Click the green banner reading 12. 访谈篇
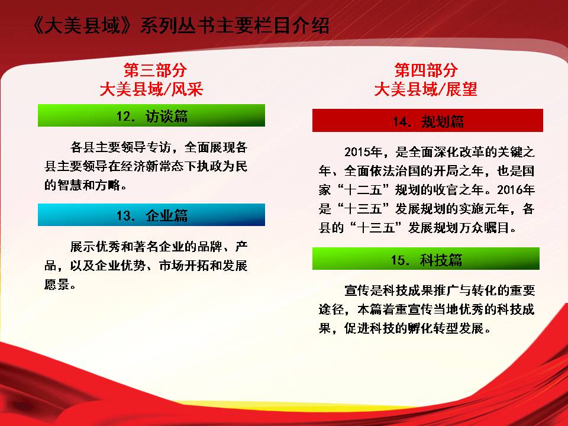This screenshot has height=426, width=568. [151, 115]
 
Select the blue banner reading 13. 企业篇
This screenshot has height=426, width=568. [151, 215]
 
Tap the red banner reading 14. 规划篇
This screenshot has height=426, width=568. [427, 120]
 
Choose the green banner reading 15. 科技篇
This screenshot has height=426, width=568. [425, 259]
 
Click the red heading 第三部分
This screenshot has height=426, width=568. [155, 70]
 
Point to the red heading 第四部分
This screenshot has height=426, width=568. [425, 70]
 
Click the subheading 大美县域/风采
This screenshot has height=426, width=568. [151, 89]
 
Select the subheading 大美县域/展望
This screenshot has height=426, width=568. [425, 89]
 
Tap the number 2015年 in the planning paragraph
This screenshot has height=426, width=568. [363, 152]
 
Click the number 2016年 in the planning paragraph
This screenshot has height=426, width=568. [516, 190]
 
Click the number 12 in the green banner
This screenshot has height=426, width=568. [123, 117]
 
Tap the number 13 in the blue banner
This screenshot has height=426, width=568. [123, 216]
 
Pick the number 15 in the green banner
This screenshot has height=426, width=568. [398, 260]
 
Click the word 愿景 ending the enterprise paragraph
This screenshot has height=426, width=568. [57, 285]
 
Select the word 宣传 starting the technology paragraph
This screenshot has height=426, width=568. [357, 291]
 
